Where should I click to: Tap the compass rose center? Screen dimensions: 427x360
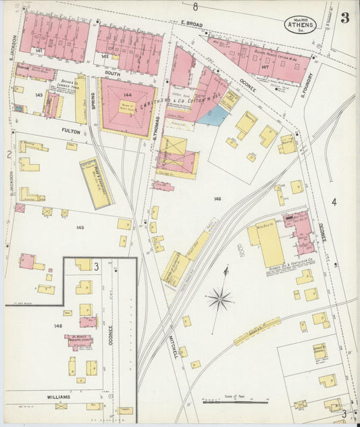coord(220,297)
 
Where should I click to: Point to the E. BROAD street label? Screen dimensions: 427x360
coord(192,24)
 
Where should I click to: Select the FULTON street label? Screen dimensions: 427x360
coord(71,123)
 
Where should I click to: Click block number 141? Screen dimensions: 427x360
coord(39,51)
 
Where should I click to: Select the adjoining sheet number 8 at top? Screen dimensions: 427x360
coord(195,7)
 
